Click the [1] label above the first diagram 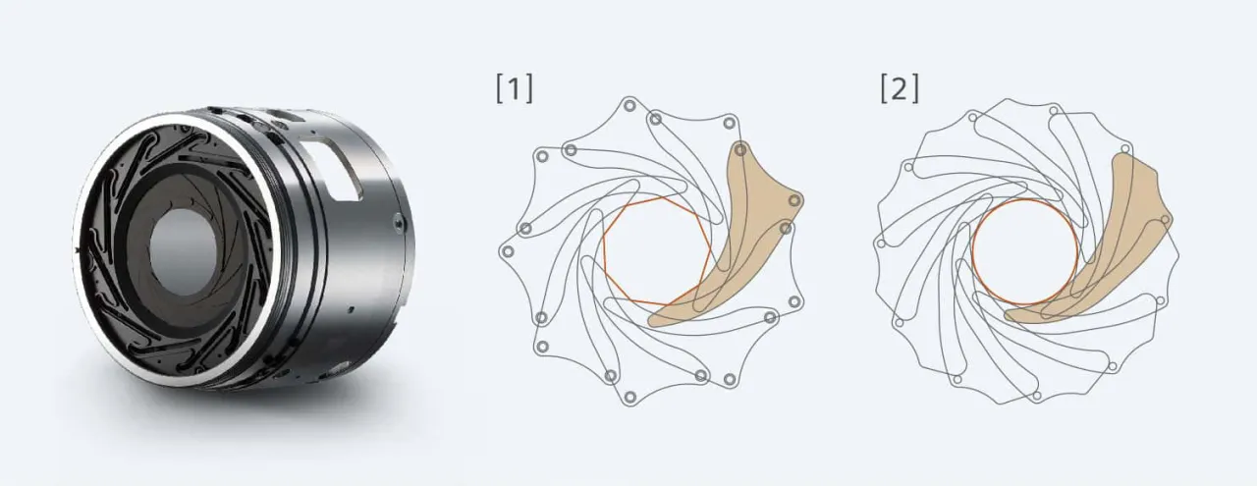coord(515,89)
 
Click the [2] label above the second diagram coord(900,89)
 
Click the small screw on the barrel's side coord(398,225)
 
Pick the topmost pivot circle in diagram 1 coord(629,105)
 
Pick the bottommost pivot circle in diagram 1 coord(629,397)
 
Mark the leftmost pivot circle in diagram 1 coord(506,252)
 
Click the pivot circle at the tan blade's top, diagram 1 coord(740,150)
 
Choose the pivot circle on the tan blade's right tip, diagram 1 coord(794,200)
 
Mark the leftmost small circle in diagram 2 coord(881,244)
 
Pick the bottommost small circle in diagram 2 coord(1036,397)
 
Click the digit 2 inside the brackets coord(900,89)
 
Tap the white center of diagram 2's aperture coord(1024,253)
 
